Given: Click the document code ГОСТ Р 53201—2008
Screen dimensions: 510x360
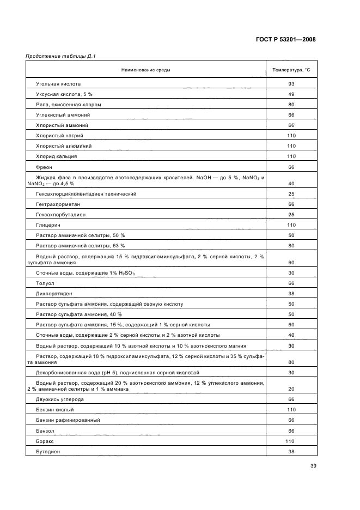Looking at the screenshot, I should coord(285,39).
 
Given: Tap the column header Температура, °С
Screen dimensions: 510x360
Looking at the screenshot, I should coord(291,70).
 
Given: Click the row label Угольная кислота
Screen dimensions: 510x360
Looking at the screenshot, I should coord(58,84).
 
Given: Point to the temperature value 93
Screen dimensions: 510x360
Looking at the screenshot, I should coord(291,84).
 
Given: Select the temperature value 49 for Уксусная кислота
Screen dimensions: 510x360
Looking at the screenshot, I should coord(291,94).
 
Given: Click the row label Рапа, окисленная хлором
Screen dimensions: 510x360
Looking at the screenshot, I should coord(68,105).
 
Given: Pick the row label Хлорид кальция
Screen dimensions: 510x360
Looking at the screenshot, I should coord(56,156).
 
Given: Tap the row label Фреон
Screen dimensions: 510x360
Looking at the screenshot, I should coord(44,167).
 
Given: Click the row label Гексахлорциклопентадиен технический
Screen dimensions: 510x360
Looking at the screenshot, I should coord(86,194).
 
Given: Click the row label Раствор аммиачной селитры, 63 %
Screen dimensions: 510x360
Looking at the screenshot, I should coord(80,246).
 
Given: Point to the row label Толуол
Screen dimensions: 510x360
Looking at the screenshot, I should coord(45,283).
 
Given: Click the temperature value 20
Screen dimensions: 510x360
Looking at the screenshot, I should coord(291,389).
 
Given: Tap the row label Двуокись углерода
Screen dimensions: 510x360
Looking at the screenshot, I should coord(60,399).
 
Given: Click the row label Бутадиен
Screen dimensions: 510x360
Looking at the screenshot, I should coord(48,452).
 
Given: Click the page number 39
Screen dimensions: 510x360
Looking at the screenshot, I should coord(313,465).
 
